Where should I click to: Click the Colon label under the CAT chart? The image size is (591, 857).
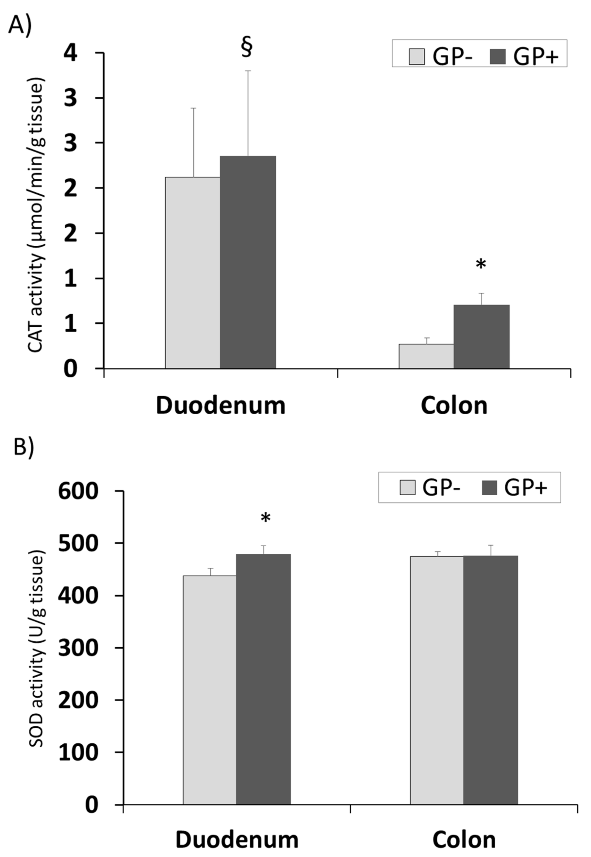(454, 406)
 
